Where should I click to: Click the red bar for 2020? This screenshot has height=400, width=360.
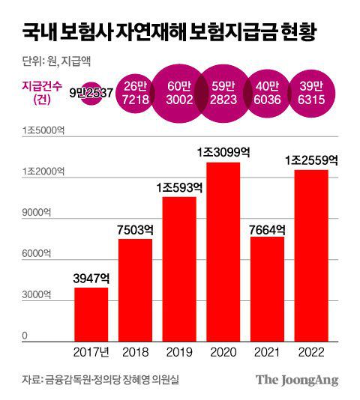(x=223, y=250)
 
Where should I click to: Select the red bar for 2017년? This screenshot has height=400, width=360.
(x=91, y=312)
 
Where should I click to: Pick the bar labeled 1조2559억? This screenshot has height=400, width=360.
(x=311, y=254)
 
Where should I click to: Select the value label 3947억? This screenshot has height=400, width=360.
(x=91, y=279)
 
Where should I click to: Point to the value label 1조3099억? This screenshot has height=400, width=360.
(x=223, y=152)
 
